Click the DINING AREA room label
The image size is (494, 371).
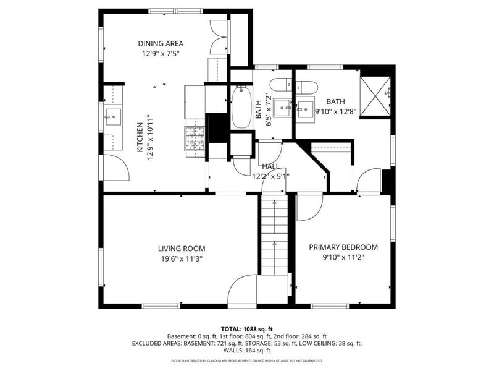tap(161, 43)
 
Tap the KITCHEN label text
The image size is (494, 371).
tap(140, 137)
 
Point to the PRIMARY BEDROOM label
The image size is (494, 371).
tap(343, 247)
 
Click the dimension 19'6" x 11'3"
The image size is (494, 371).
tap(182, 259)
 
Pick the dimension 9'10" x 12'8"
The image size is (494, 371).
tap(335, 112)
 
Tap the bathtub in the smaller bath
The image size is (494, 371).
tap(241, 107)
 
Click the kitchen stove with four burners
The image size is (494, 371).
tap(195, 138)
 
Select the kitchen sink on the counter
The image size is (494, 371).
tap(113, 117)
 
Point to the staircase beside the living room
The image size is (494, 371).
tap(274, 235)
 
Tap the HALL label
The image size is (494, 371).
tap(270, 166)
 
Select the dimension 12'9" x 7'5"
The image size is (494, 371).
tap(161, 54)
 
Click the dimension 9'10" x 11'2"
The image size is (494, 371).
tap(343, 257)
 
